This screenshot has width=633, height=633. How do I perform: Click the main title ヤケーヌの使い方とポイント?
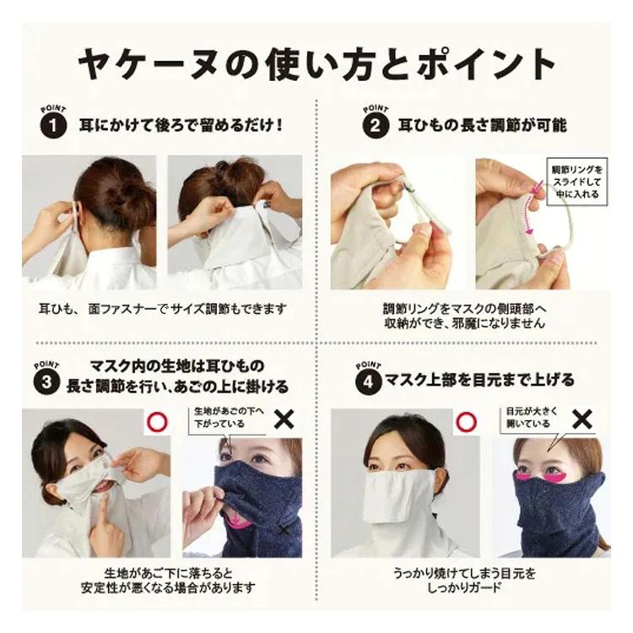[x=316, y=63]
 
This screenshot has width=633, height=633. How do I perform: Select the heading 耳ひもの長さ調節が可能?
[x=481, y=126]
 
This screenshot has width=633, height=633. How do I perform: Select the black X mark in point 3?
[x=285, y=418]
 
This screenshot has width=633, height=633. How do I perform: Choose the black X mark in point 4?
[x=582, y=418]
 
